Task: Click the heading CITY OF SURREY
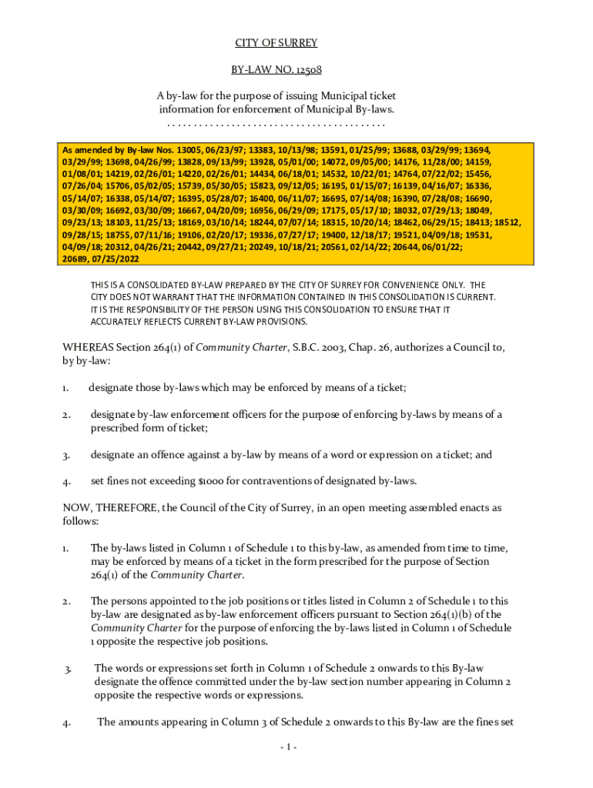pos(276,43)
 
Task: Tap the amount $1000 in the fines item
pos(211,482)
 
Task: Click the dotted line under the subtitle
pos(276,123)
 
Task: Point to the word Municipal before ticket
pos(333,95)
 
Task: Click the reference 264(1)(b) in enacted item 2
pos(454,614)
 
